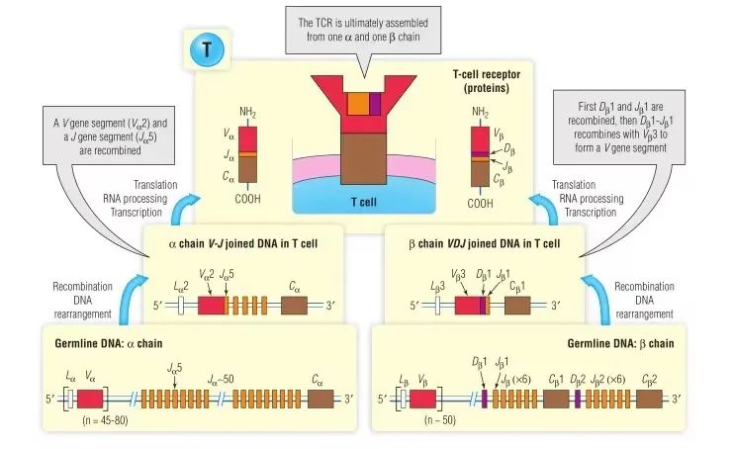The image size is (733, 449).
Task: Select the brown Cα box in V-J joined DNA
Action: (x=295, y=304)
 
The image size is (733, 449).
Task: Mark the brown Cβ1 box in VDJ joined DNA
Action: (x=518, y=304)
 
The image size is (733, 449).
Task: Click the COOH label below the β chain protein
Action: (x=480, y=205)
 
